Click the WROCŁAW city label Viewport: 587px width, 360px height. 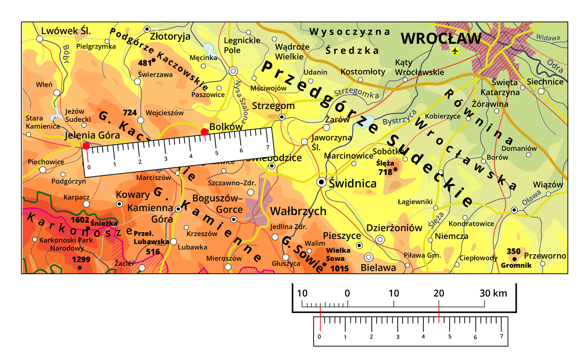pyautogui.click(x=441, y=39)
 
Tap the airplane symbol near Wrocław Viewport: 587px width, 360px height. pyautogui.click(x=455, y=51)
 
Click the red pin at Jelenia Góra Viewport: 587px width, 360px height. pyautogui.click(x=86, y=146)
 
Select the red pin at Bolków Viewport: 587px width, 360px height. pyautogui.click(x=205, y=132)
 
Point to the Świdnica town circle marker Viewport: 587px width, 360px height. pyautogui.click(x=321, y=182)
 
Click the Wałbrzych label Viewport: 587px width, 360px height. pyautogui.click(x=298, y=211)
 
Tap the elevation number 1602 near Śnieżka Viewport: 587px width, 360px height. pyautogui.click(x=80, y=220)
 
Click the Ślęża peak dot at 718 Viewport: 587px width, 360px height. pyautogui.click(x=395, y=169)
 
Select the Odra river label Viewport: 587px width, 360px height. pyautogui.click(x=555, y=66)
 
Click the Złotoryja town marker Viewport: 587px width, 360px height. pyautogui.click(x=147, y=29)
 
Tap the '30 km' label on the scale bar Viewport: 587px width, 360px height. pyautogui.click(x=493, y=293)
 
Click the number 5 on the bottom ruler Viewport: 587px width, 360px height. pyautogui.click(x=450, y=336)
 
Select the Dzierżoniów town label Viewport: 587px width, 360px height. pyautogui.click(x=394, y=228)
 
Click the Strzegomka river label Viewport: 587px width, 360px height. pyautogui.click(x=356, y=93)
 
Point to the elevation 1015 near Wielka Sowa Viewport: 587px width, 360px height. pyautogui.click(x=339, y=269)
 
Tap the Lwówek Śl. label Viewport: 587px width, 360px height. pyautogui.click(x=66, y=31)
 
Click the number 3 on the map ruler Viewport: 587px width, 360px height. pyautogui.click(x=166, y=159)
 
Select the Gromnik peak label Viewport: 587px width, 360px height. pyautogui.click(x=516, y=265)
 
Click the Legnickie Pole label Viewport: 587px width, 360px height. pyautogui.click(x=242, y=45)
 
